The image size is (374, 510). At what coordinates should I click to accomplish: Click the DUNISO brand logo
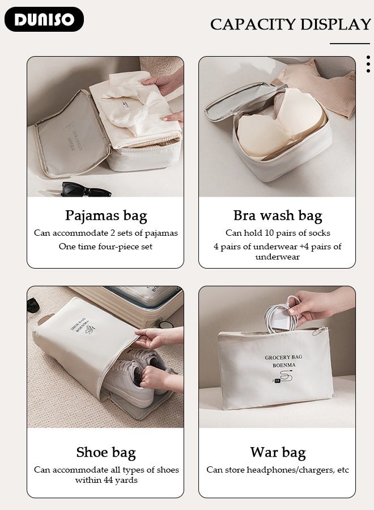(44, 19)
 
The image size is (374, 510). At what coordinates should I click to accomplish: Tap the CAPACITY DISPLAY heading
(290, 24)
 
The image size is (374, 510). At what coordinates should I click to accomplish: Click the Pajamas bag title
(105, 215)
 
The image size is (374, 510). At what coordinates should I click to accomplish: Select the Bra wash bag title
(277, 215)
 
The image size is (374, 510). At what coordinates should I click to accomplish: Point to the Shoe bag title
(106, 452)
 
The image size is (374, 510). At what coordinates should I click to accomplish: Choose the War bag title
(278, 452)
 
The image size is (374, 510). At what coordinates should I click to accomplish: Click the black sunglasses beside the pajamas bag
(86, 189)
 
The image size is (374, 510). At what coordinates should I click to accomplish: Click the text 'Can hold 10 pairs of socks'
(278, 233)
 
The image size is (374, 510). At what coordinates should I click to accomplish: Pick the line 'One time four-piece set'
(105, 246)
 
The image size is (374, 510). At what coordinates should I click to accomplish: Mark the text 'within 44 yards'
(106, 480)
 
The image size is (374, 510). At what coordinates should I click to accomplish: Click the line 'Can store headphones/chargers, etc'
(278, 470)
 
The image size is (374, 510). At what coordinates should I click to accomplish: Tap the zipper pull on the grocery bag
(324, 330)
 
